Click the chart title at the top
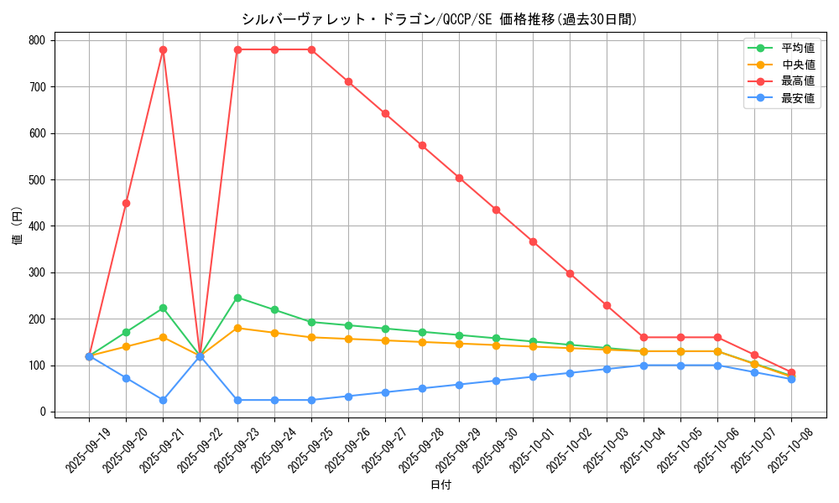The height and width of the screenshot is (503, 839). click(x=439, y=19)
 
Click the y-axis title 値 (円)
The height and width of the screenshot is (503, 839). click(x=18, y=226)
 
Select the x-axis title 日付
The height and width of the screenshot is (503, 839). click(x=440, y=485)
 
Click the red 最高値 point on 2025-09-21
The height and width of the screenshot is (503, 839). click(x=163, y=49)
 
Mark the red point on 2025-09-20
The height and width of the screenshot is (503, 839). click(x=126, y=203)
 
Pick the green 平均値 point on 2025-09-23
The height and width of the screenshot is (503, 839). click(x=237, y=298)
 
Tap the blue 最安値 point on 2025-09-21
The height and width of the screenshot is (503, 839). click(x=163, y=400)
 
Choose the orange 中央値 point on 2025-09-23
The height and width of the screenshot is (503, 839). click(x=237, y=328)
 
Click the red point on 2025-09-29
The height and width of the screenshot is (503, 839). click(x=459, y=178)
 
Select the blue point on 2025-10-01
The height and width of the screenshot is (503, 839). click(x=533, y=376)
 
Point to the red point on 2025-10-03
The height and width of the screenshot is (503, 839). click(x=607, y=305)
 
